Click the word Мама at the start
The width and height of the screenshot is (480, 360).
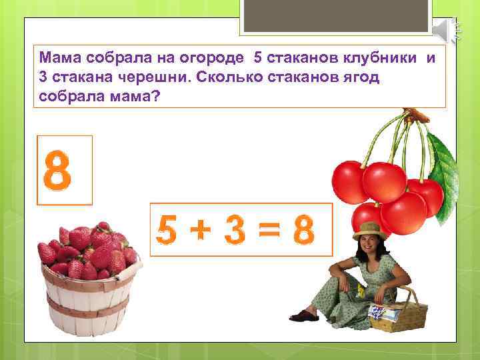(56, 58)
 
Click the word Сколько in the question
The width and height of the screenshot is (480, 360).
(226, 77)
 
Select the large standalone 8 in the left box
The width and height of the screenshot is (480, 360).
(57, 171)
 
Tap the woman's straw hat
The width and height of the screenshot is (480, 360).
(370, 229)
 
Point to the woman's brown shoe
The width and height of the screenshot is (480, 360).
(304, 315)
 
